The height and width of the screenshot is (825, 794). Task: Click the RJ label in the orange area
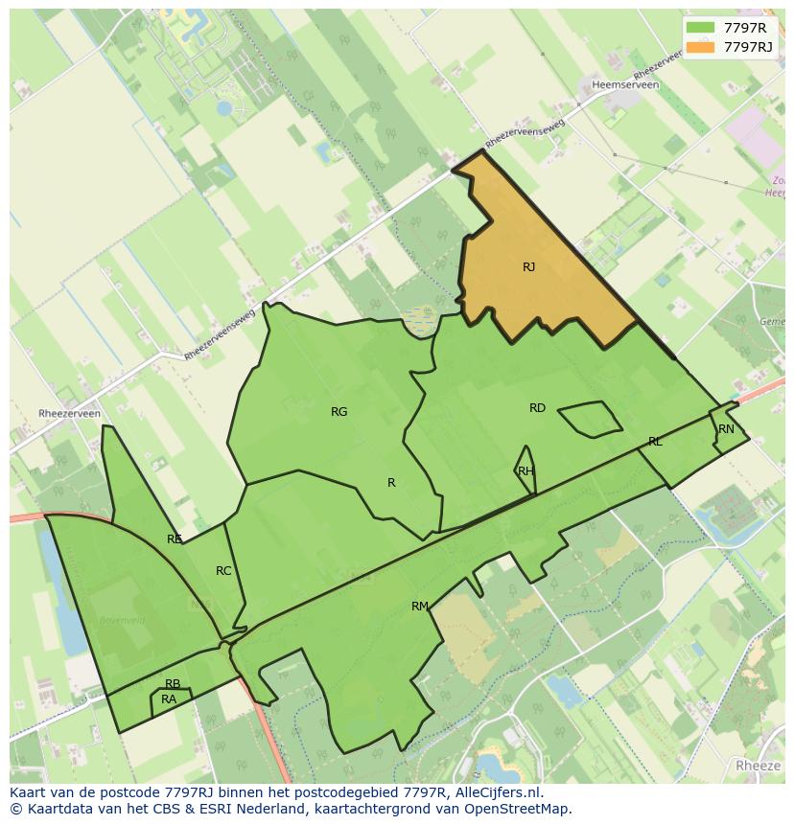[x=528, y=267]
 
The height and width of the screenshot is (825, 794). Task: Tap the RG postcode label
[x=339, y=412]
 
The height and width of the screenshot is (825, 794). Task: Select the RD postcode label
[x=537, y=408]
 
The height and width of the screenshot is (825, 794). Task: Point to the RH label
[x=525, y=471]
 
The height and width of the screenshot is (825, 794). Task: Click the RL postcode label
[x=655, y=442]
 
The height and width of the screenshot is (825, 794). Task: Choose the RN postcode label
[x=726, y=429]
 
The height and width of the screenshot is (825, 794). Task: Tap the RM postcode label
[x=419, y=607]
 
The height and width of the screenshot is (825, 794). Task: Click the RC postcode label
[x=223, y=571]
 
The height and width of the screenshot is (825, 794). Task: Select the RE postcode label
[x=174, y=539]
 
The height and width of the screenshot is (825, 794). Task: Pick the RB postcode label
[x=173, y=684]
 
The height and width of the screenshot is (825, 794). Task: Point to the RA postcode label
[x=169, y=699]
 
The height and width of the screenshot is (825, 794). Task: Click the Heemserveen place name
[x=626, y=85]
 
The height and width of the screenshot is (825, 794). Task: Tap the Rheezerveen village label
[x=69, y=414]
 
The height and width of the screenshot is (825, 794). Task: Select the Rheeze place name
[x=758, y=766]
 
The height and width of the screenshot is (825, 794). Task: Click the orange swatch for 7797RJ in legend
[x=700, y=46]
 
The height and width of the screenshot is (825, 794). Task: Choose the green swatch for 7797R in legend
[x=700, y=27]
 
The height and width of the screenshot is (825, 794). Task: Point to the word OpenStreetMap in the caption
[x=525, y=809]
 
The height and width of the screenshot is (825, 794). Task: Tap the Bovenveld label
[x=122, y=621]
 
